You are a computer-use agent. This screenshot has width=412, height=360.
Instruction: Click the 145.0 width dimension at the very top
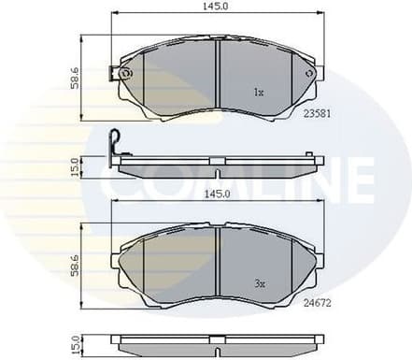[217, 7]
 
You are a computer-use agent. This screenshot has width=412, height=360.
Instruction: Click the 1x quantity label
[259, 93]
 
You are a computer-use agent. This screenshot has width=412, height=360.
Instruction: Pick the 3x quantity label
[259, 281]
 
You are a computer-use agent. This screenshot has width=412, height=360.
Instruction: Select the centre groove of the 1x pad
[218, 76]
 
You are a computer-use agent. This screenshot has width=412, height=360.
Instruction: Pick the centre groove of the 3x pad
[218, 265]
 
